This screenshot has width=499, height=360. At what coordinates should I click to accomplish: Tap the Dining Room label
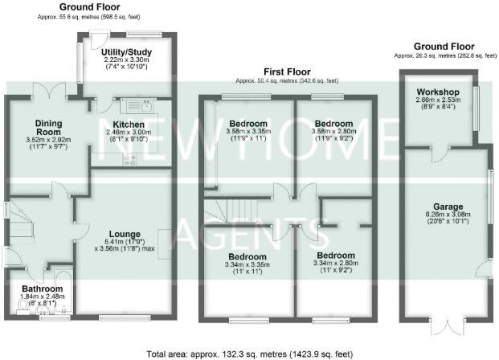point(48,127)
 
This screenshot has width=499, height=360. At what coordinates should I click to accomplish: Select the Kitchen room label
point(129,125)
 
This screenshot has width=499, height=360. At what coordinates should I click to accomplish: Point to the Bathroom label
point(43,288)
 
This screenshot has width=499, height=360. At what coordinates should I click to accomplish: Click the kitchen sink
point(146,106)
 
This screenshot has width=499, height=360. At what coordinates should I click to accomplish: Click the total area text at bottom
point(249,353)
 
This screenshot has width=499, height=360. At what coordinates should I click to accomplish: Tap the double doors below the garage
point(445,328)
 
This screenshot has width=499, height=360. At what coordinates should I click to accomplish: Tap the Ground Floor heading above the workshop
point(444,47)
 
